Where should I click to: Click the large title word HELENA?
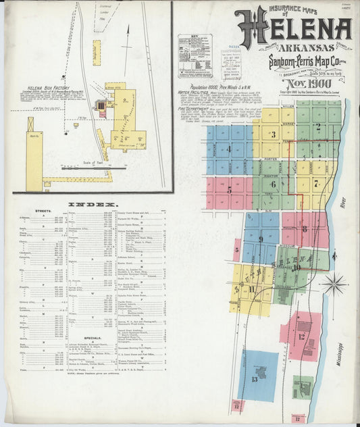[293, 28]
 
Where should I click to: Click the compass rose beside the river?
[334, 284]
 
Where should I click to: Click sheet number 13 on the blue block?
[255, 379]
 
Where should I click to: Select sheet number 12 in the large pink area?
[302, 336]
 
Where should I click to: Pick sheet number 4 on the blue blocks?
[229, 149]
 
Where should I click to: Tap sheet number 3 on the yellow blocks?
[273, 134]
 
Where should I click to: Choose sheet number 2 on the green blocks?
[317, 126]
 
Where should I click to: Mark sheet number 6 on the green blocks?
[273, 184]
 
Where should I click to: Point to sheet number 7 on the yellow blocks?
[315, 183]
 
